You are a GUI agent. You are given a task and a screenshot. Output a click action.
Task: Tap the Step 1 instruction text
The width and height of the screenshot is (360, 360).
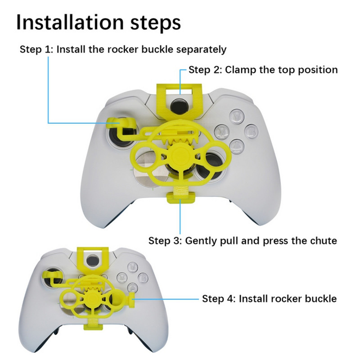pyautogui.click(x=123, y=49)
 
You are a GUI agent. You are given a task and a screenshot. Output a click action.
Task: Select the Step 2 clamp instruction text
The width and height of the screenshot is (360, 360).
pyautogui.click(x=263, y=70)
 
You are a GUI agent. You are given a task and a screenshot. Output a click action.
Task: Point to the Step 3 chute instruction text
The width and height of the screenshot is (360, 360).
pyautogui.click(x=243, y=241)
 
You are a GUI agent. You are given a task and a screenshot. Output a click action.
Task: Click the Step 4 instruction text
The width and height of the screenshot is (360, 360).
pyautogui.click(x=269, y=298)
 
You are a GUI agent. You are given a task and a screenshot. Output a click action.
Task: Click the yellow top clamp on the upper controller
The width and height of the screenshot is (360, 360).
pyautogui.click(x=179, y=96)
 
